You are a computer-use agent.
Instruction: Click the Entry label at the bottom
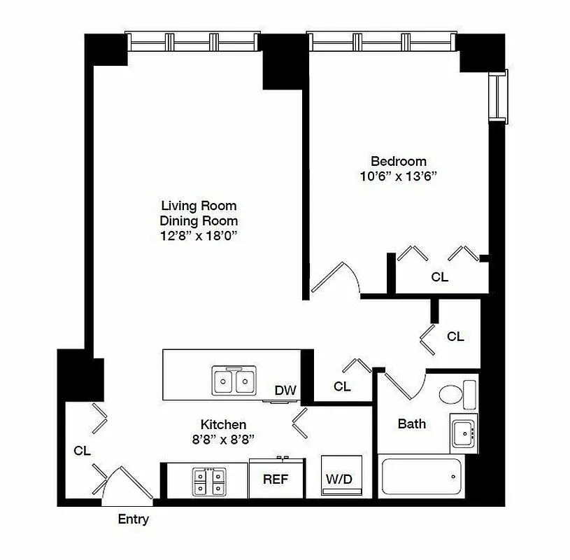134,519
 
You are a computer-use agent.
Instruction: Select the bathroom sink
463,433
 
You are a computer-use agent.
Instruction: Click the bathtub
420,478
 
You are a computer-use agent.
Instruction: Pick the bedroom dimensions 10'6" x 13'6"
398,176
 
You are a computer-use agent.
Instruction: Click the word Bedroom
398,161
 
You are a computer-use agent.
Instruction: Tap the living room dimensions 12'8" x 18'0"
199,236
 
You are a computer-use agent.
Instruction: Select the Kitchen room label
223,424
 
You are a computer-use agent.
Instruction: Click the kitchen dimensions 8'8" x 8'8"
223,439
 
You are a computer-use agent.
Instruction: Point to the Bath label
411,423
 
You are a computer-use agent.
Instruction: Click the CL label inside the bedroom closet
439,277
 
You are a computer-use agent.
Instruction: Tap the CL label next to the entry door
82,451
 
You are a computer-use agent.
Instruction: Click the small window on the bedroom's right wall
497,97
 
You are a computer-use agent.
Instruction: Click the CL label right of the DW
342,386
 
